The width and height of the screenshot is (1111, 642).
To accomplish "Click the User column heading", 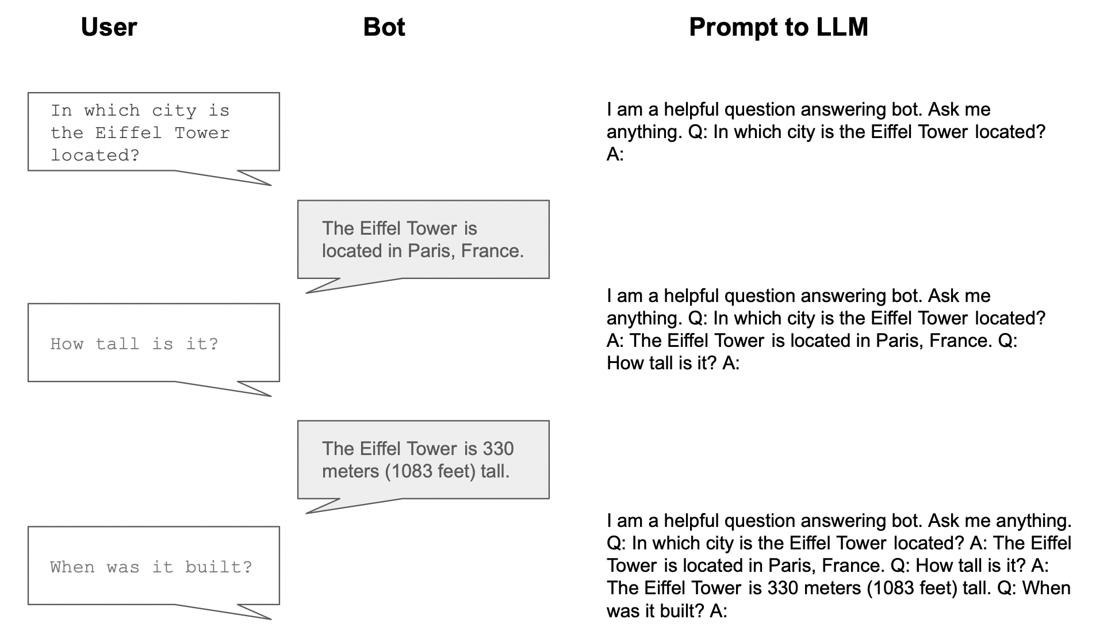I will pos(109,27).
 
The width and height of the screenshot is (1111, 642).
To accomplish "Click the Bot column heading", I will pos(384,27).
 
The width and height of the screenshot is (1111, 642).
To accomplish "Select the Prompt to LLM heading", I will pos(778,27).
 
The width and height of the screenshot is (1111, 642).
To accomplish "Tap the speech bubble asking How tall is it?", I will pos(154,343).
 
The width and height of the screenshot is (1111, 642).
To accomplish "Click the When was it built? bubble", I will pos(154,566).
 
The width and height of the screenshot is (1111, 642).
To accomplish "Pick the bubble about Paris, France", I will pos(423,239).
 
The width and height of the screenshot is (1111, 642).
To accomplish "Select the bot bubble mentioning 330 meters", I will pos(423,460).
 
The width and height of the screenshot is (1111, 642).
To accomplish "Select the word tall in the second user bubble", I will pos(117,344).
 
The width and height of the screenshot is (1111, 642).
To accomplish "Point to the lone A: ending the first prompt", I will pos(615,154).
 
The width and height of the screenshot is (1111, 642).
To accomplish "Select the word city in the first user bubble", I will pos(174,110).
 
